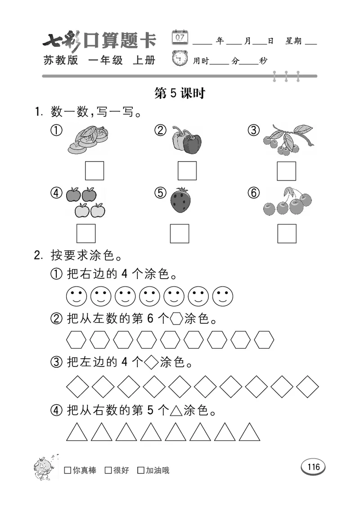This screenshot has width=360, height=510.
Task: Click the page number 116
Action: (313, 467)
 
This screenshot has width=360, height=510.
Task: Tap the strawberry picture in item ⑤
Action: (180, 200)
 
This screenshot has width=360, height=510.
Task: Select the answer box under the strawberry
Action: (180, 233)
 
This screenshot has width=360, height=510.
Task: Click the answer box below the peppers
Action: (187, 171)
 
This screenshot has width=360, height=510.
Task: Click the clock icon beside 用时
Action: (181, 59)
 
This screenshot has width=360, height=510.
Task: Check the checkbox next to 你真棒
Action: (68, 470)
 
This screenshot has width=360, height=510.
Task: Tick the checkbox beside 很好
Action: (108, 470)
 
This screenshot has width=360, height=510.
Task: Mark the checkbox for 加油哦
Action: (141, 470)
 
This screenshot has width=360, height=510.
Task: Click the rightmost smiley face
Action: (223, 296)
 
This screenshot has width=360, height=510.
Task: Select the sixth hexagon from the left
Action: (194, 340)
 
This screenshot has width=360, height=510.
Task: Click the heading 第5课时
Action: (180, 93)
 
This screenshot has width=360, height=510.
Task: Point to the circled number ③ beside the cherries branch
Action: (254, 131)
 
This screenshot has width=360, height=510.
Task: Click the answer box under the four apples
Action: (86, 233)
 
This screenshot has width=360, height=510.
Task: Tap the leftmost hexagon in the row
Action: (76, 340)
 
